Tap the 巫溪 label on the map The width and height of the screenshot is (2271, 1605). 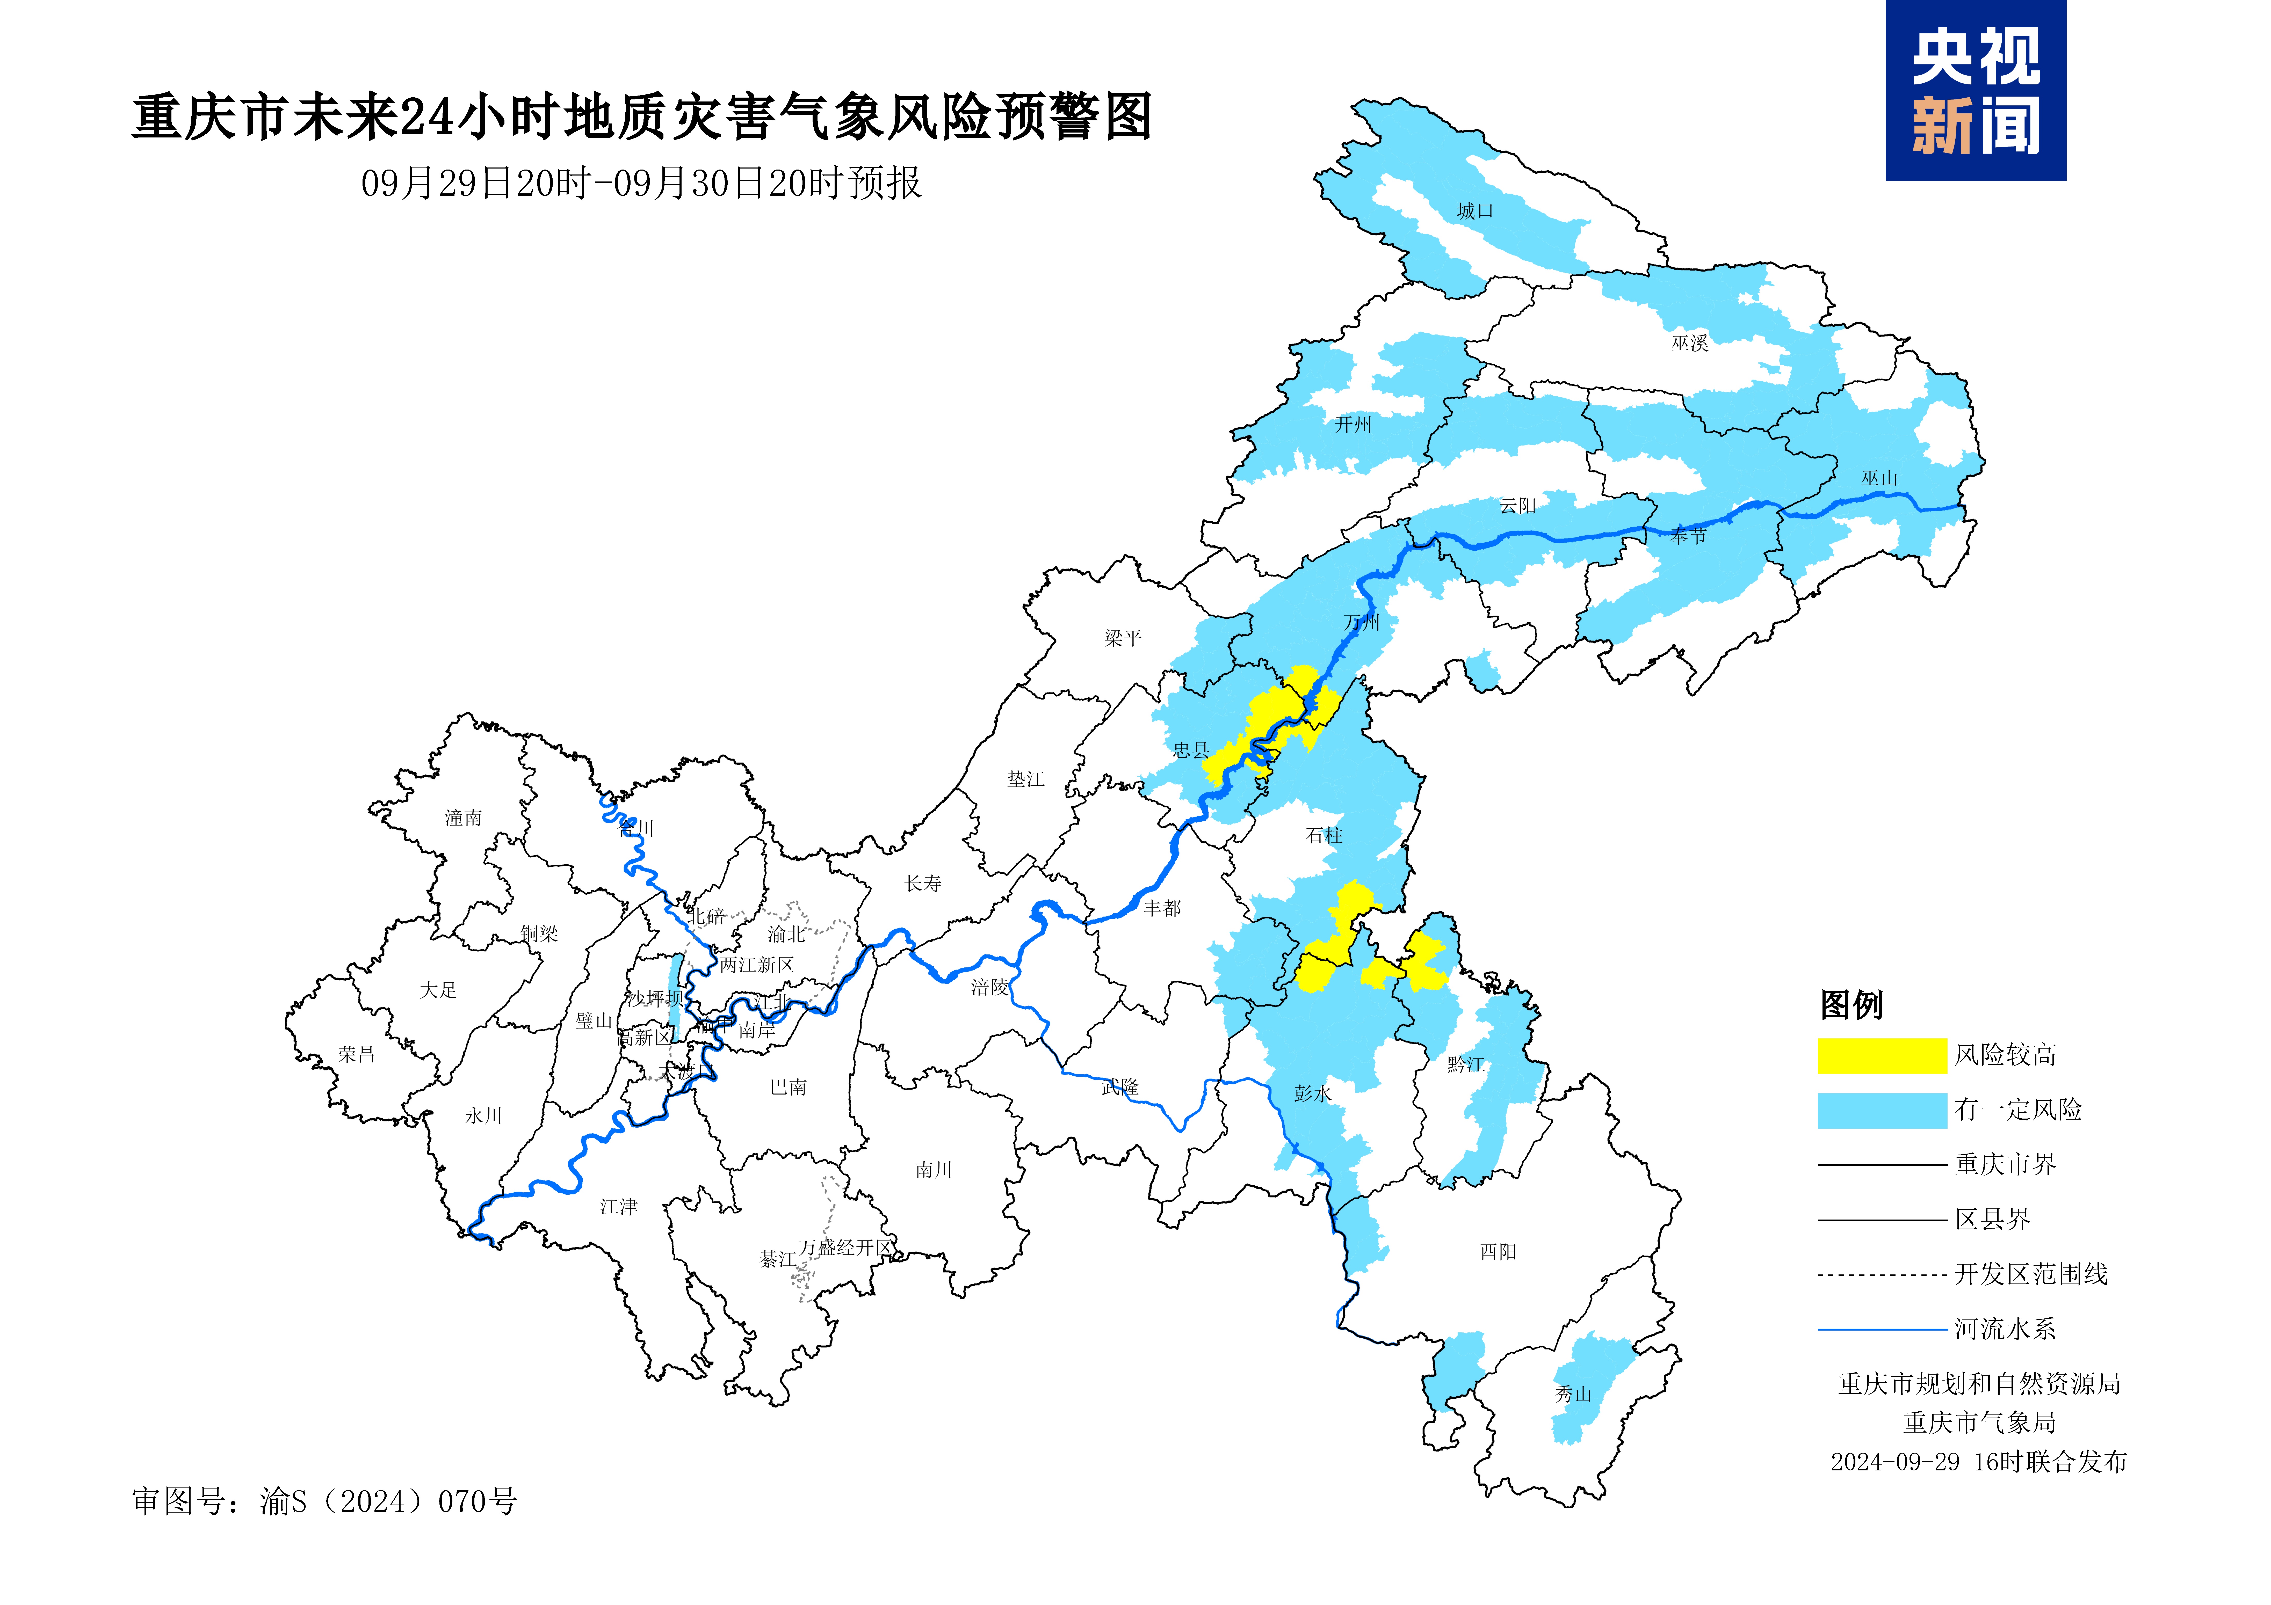click(x=1689, y=343)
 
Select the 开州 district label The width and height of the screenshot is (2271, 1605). click(x=1353, y=424)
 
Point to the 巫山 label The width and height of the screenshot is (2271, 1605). click(x=1879, y=479)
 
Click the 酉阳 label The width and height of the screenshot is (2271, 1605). click(x=1498, y=1252)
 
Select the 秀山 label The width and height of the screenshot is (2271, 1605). click(x=1573, y=1394)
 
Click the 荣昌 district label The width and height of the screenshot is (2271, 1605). click(x=356, y=1054)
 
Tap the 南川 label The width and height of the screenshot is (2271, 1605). click(x=933, y=1170)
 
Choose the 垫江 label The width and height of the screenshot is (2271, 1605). click(x=1026, y=779)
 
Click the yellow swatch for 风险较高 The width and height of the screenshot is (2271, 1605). click(x=1881, y=1055)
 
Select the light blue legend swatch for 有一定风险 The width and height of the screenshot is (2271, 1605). click(x=1881, y=1110)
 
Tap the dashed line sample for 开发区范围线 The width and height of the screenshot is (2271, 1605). click(x=1881, y=1275)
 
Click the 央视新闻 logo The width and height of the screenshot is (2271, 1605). click(x=1975, y=91)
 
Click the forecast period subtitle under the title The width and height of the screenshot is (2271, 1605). click(x=641, y=183)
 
